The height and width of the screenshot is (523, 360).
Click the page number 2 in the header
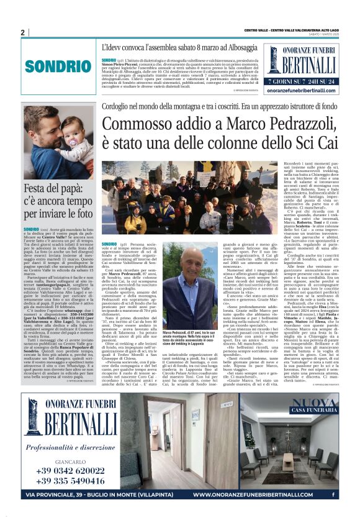click(x=22, y=32)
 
